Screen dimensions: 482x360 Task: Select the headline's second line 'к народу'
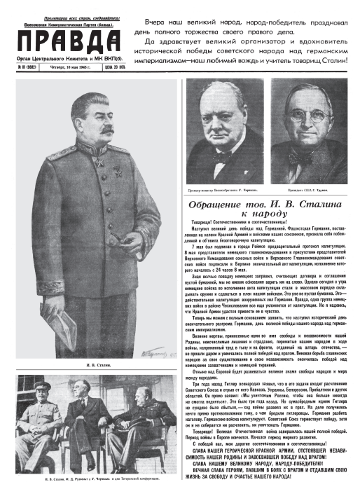point(270,216)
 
